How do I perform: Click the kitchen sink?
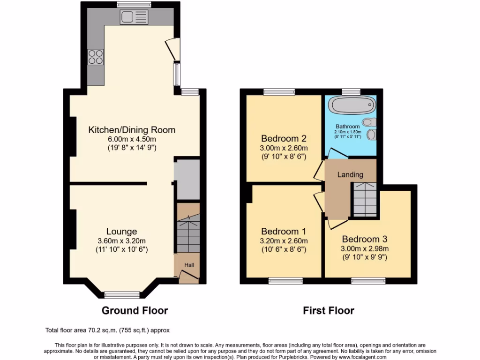point(134,17)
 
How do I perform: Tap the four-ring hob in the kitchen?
point(96,57)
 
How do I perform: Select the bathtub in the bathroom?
point(352,105)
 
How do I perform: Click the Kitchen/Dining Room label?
point(132,130)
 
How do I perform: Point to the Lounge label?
point(121,232)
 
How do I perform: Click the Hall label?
point(189,265)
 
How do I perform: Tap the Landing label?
point(351,174)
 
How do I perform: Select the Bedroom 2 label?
point(284,139)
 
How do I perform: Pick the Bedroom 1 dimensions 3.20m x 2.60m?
point(284,241)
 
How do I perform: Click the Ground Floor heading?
point(135,310)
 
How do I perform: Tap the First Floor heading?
point(328,310)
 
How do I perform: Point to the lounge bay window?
point(122,295)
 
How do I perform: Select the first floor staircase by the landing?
point(365,199)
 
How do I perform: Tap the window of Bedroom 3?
point(368,281)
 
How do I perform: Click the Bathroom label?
point(347,127)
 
